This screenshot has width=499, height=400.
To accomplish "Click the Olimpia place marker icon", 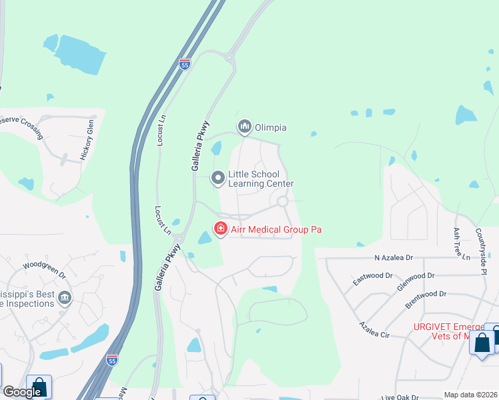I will click(244, 126).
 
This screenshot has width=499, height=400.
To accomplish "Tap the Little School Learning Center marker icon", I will click(217, 178).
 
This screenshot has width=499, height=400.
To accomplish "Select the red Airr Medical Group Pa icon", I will click(220, 229).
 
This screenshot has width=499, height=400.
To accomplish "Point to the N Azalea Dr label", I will click(394, 257).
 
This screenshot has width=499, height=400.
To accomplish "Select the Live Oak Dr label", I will click(400, 397).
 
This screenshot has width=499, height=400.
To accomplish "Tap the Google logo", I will click(22, 392).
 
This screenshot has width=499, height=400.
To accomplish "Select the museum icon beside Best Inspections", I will click(65, 297).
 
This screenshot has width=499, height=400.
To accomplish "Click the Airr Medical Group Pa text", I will click(276, 229).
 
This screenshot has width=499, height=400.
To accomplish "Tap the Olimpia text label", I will click(271, 126).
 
